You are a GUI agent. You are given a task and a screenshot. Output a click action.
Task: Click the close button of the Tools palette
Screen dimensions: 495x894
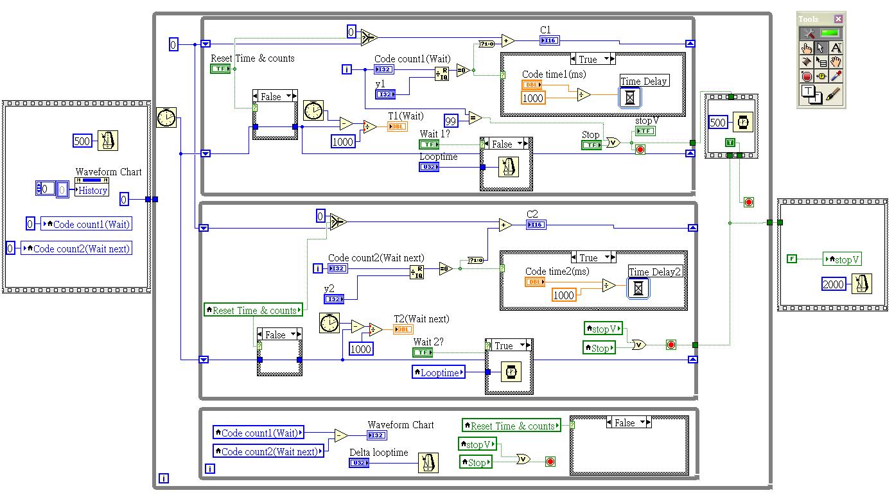(837, 19)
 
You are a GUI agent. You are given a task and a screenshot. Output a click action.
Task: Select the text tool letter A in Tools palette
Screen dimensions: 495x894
(835, 48)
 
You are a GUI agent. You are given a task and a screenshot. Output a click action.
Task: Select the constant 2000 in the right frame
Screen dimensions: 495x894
(834, 284)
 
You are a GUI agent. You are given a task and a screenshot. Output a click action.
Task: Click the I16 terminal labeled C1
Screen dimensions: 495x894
(550, 41)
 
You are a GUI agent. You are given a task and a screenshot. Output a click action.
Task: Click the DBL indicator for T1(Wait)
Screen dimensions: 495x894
(397, 126)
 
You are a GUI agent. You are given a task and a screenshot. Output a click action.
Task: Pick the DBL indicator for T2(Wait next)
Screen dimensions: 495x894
(402, 329)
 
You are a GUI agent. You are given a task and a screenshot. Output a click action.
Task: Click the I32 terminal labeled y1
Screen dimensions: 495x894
(385, 94)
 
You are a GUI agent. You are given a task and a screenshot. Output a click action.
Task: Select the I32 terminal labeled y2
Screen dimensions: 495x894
(333, 299)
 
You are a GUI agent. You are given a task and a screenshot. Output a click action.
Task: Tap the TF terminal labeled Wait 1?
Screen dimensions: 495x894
(429, 144)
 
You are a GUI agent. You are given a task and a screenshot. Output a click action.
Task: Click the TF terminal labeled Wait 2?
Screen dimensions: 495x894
(423, 352)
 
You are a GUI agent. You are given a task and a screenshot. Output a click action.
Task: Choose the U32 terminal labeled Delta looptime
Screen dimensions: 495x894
(360, 463)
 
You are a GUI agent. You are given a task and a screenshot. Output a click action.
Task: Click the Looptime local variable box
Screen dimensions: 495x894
(438, 372)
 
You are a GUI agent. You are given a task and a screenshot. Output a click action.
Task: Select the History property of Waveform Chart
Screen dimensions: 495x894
(92, 190)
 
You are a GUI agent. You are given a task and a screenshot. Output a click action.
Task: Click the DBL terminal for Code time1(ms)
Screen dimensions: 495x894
(532, 85)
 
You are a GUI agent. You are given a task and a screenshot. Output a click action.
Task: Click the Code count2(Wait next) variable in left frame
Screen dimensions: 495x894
(76, 248)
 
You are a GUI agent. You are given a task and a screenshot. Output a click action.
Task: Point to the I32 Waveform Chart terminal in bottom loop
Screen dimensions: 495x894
(377, 435)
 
